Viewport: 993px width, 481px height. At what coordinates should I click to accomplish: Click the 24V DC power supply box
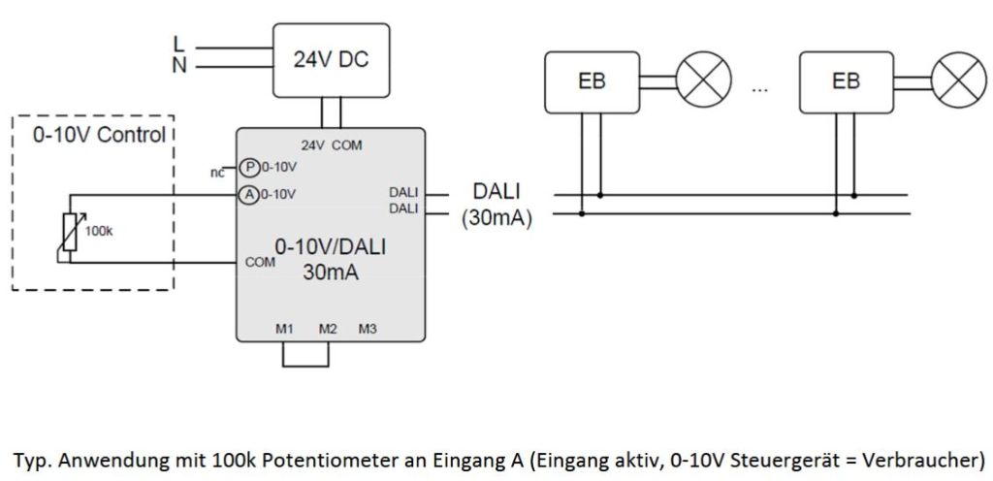(331, 60)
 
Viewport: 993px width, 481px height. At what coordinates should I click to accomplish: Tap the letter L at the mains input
(177, 44)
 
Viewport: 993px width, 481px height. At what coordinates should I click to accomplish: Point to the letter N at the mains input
(178, 65)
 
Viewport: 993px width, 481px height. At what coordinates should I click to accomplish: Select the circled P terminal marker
(248, 167)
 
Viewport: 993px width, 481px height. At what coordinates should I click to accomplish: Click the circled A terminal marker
(248, 194)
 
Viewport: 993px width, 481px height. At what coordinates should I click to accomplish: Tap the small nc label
(217, 173)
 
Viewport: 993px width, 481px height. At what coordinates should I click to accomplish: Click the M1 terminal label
(284, 330)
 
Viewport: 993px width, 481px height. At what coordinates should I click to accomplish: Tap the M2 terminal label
(328, 330)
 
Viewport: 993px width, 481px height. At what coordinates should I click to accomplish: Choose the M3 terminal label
(367, 330)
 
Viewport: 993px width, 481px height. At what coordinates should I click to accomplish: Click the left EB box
(592, 81)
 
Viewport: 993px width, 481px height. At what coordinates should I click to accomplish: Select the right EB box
(846, 81)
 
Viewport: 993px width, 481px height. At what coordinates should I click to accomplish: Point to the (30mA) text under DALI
(496, 219)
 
